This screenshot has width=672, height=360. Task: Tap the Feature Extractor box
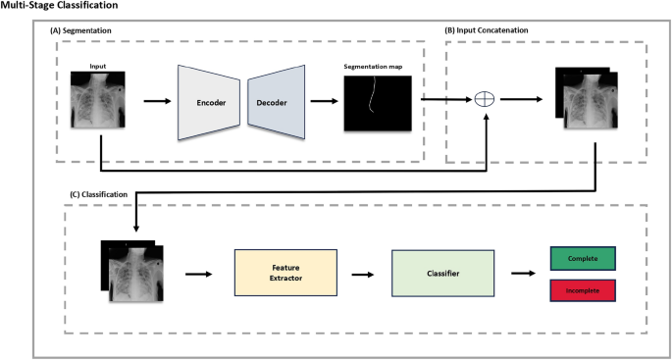(x=284, y=275)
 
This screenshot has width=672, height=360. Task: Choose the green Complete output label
(x=584, y=259)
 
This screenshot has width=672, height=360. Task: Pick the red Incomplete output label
(x=584, y=290)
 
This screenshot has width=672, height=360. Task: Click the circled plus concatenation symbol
(x=483, y=99)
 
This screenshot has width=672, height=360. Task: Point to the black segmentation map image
(x=372, y=103)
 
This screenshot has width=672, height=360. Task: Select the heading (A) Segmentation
(x=81, y=32)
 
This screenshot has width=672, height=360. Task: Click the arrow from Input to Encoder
(x=155, y=100)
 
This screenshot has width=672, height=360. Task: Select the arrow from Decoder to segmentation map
(x=323, y=100)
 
